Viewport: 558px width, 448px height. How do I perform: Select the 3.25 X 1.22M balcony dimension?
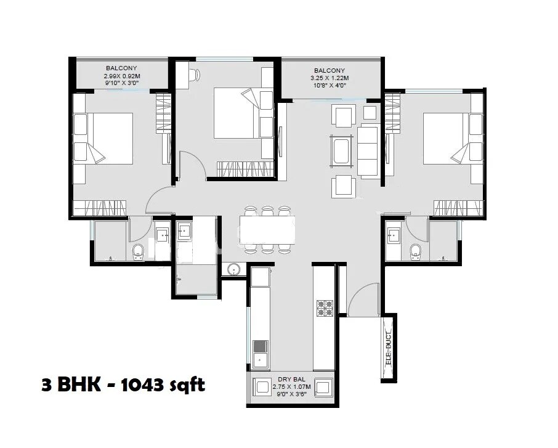coord(330,78)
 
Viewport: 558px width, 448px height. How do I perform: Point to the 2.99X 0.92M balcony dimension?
coord(121,76)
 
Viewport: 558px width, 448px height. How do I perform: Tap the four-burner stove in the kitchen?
coord(325,308)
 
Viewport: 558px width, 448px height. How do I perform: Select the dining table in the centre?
coord(265,229)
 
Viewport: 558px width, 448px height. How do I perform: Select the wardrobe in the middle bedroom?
coord(245,168)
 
